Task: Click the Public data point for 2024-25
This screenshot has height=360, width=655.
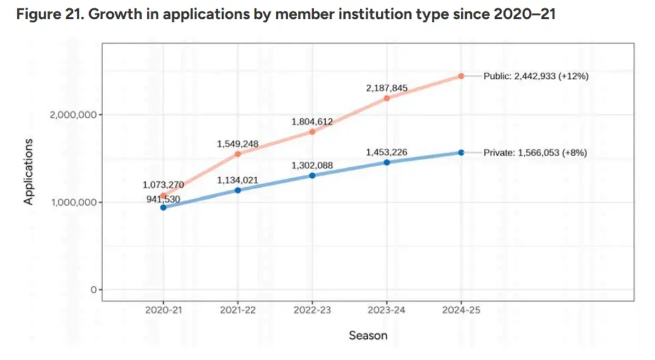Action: pos(461,76)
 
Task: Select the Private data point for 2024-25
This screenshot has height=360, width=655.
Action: pos(461,153)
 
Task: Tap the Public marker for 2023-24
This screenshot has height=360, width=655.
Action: pos(386,98)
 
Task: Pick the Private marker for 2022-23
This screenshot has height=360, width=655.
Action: pos(312,176)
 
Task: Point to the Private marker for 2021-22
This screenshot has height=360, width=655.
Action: pos(238,190)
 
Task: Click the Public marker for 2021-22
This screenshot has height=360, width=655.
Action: pos(238,154)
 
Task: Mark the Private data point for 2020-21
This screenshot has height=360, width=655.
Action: pos(163,207)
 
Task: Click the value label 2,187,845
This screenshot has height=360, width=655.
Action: pos(386,88)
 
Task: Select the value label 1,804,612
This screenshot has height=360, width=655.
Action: pos(312,122)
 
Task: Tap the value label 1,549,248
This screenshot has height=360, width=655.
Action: pos(238,144)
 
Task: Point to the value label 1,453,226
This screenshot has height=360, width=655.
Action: pos(386,152)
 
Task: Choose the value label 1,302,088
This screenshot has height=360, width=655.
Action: pos(312,165)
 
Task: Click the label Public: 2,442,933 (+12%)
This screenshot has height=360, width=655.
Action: pos(536,76)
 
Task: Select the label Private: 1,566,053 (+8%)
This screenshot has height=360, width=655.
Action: pos(535,153)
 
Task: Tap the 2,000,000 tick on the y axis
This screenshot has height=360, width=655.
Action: pos(72,115)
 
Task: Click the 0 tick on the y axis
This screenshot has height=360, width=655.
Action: pos(93,290)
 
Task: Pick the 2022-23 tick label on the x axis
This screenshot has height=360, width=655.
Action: pos(312,310)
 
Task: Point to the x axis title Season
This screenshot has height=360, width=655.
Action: pos(368,335)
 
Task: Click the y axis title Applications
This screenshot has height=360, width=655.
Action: pos(29,172)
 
